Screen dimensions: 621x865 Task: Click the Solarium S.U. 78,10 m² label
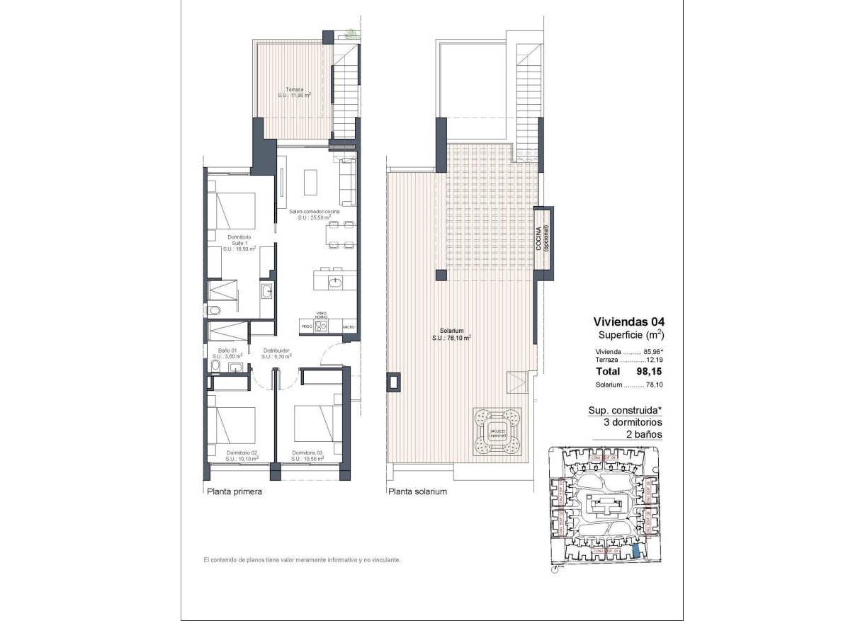point(451,334)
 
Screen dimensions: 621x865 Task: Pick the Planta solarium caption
point(417,491)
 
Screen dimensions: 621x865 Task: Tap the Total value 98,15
point(649,371)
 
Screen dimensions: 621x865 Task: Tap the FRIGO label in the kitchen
point(307,326)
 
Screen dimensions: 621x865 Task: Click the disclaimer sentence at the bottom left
point(302,559)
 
